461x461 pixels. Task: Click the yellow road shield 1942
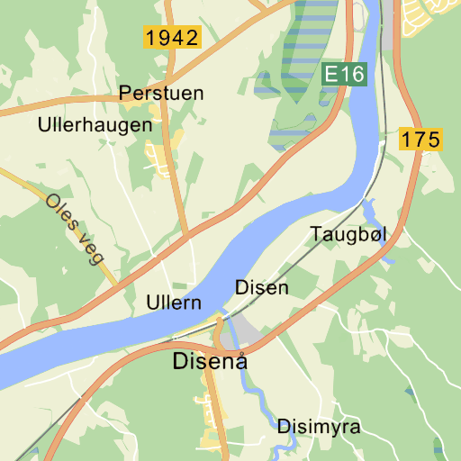point(171,38)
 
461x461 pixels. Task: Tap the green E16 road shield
point(345,75)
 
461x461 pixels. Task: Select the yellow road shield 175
point(420,140)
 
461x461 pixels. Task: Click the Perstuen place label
point(161,93)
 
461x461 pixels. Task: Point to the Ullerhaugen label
point(95,125)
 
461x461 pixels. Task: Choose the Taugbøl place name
point(348,234)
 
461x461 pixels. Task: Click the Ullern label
point(173,303)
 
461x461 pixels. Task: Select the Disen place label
point(262,288)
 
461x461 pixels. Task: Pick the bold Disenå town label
point(210,362)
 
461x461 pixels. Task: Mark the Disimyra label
point(319,427)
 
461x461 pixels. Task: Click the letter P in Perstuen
point(125,93)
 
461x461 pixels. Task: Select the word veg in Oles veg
point(89,246)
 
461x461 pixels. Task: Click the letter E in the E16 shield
point(332,75)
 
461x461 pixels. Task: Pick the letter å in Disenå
point(239,362)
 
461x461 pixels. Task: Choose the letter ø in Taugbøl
point(371,234)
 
